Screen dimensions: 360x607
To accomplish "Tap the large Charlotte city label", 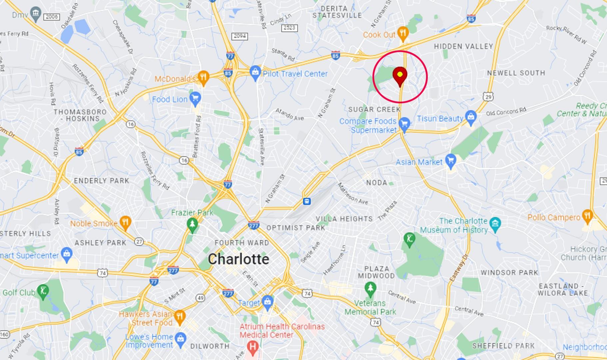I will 239,259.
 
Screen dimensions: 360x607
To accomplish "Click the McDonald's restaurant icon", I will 203,77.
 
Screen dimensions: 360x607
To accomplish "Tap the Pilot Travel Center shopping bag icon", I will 255,73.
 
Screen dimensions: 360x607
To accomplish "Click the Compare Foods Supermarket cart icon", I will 404,123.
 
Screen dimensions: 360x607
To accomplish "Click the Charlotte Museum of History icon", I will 495,223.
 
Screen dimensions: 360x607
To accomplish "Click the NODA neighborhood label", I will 376,183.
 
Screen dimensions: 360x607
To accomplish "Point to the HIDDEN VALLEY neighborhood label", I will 463,46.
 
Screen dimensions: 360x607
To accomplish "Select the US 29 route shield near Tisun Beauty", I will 488,97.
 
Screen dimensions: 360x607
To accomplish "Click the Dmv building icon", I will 35,14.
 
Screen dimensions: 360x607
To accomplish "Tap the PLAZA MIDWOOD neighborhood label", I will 376,272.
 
